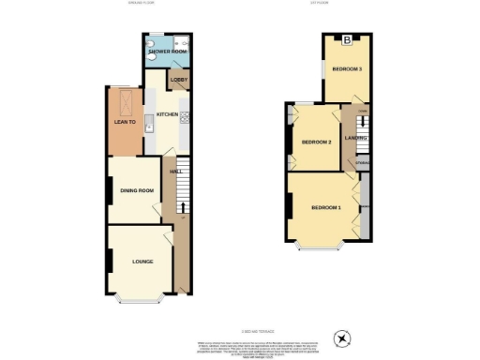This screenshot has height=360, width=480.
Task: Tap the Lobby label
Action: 178,81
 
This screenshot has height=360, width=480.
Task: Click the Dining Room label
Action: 136,192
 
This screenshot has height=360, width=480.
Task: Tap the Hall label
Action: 174,172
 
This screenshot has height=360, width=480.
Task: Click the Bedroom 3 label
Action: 347,70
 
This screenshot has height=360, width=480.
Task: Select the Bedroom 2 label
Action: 316,142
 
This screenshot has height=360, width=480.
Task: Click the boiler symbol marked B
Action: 347,39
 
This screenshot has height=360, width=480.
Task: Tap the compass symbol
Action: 341,337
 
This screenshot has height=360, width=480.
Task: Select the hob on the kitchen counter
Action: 184,116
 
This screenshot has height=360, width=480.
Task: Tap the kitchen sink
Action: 148,127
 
